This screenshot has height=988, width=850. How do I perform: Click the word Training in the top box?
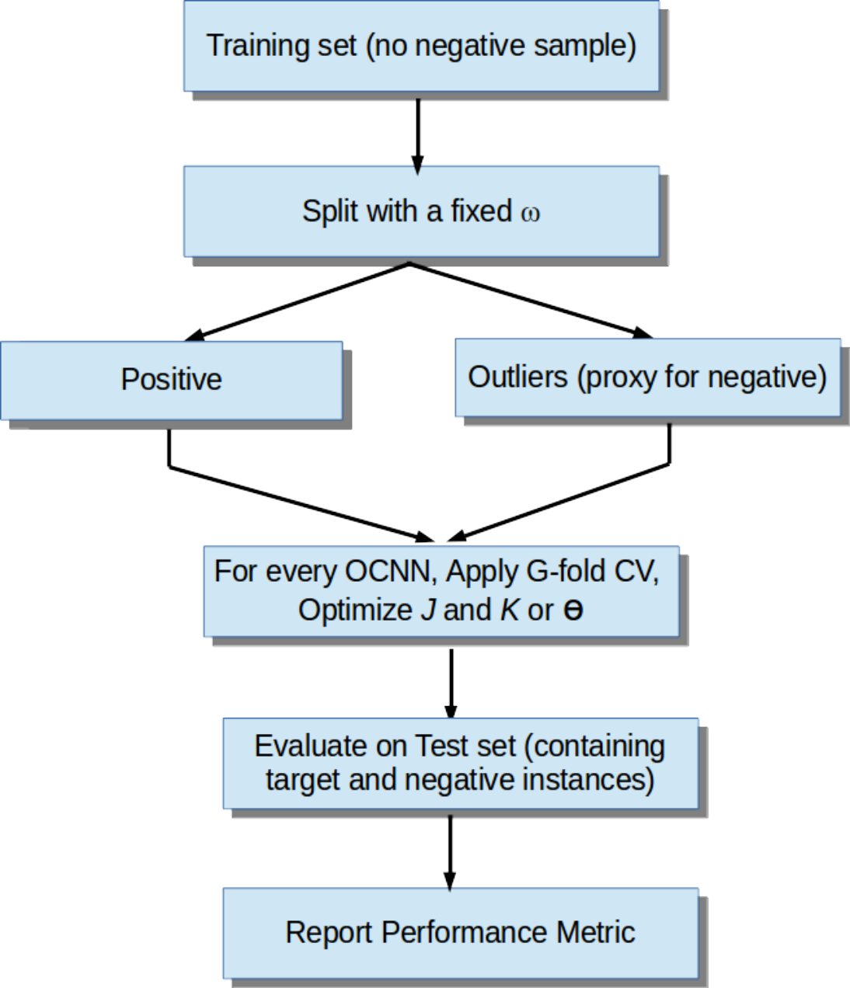tap(257, 47)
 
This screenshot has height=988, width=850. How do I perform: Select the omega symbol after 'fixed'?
tap(530, 213)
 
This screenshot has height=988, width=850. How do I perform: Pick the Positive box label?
tap(172, 380)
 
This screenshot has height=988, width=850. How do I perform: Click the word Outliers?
tap(517, 377)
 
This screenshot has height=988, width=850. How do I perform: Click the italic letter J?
tap(428, 610)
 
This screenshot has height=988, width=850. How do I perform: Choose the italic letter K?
tap(509, 610)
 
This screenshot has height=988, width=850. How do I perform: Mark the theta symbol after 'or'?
tap(573, 611)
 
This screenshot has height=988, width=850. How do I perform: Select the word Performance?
tap(464, 932)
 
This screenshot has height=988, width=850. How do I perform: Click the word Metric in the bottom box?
tap(596, 932)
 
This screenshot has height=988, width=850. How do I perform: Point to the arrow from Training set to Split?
tap(418, 137)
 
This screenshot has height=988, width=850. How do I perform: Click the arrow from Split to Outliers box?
tap(531, 300)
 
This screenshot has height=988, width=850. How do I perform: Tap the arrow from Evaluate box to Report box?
tap(450, 853)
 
